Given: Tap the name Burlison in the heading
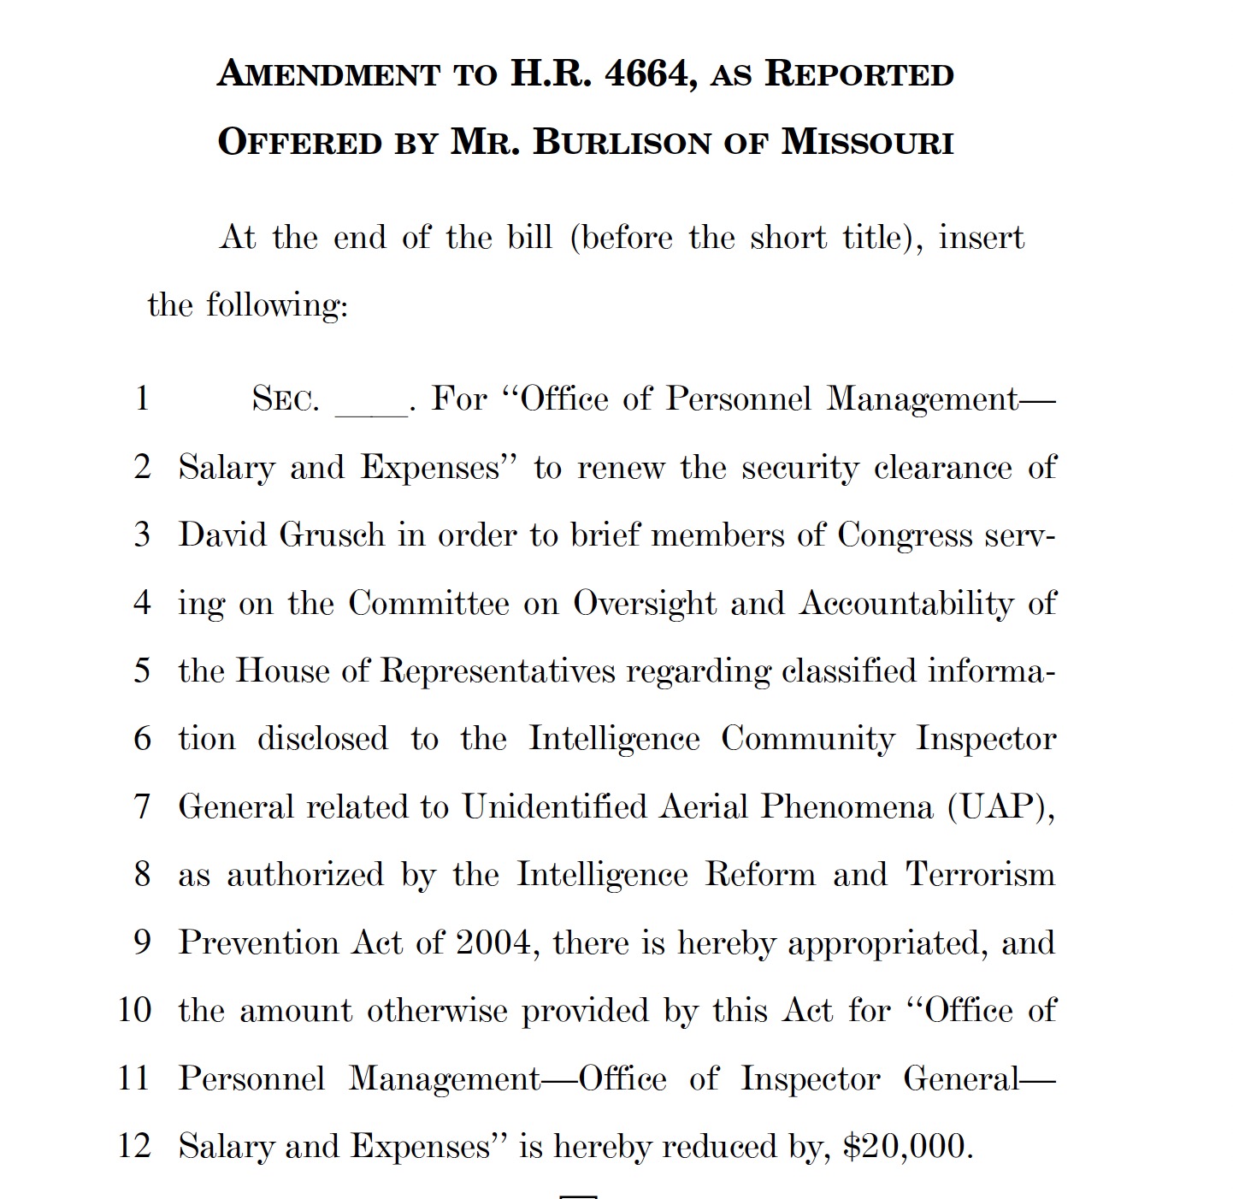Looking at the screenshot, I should pos(622,142).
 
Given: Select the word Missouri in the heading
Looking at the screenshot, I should pos(867,142).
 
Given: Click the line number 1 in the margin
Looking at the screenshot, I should pos(142,398).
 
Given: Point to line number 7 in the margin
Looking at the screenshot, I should pos(142,806).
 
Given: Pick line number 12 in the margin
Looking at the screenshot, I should pos(134,1145).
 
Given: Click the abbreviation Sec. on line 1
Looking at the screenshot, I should pos(286,399).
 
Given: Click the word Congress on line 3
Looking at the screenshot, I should pos(904,535).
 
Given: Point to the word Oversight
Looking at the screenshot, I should pos(645,604).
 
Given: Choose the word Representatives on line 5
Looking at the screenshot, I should pos(497,671).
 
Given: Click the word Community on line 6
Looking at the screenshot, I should pos(807,739).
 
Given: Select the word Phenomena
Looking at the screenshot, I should pos(847,806).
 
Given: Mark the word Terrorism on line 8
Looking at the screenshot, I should pos(980,874).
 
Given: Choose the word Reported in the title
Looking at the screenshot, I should pos(858,74).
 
